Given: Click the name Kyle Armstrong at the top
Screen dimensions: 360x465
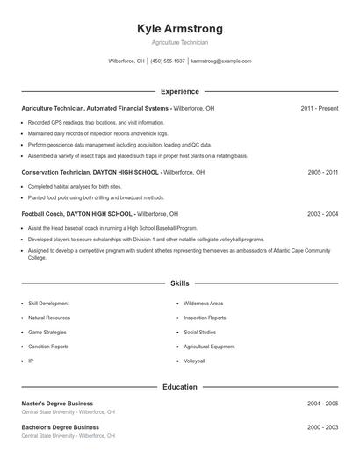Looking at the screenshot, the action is (x=180, y=29).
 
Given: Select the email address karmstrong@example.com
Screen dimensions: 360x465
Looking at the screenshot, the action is (x=221, y=61).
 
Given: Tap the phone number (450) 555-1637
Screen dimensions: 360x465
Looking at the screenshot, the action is (x=168, y=61).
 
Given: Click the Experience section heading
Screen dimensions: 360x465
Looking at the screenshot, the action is (x=180, y=91).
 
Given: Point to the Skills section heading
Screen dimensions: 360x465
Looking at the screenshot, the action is (x=180, y=283).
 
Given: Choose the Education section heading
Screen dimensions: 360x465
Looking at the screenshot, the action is (x=180, y=386).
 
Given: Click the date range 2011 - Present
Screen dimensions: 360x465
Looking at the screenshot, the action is (x=320, y=108).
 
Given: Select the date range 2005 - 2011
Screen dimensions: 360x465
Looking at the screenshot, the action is (x=323, y=173).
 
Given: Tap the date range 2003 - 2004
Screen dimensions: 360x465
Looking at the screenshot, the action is (x=323, y=213).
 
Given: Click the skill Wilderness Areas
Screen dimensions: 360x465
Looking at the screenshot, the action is (x=204, y=303).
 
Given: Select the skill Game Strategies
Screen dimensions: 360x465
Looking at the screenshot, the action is (x=47, y=333).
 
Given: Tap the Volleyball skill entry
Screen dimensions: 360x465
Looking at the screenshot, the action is (x=195, y=361).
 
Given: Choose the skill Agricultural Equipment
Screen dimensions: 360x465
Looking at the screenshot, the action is (x=209, y=347).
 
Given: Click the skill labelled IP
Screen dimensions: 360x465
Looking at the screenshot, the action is (x=31, y=361).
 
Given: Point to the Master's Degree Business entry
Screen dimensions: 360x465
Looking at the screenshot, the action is (x=57, y=404).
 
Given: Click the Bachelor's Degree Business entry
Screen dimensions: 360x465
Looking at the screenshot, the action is (x=60, y=427).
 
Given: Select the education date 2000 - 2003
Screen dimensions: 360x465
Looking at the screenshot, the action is (x=323, y=427).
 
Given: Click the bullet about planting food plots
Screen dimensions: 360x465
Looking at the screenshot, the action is (x=83, y=197).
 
